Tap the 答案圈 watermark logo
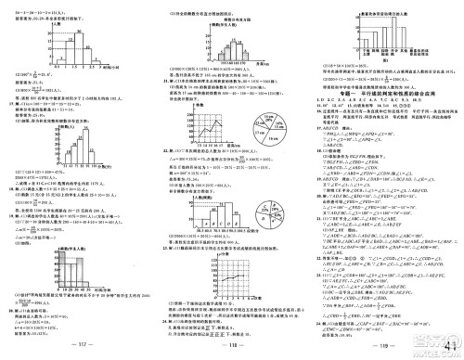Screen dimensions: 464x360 pos(431,343)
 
